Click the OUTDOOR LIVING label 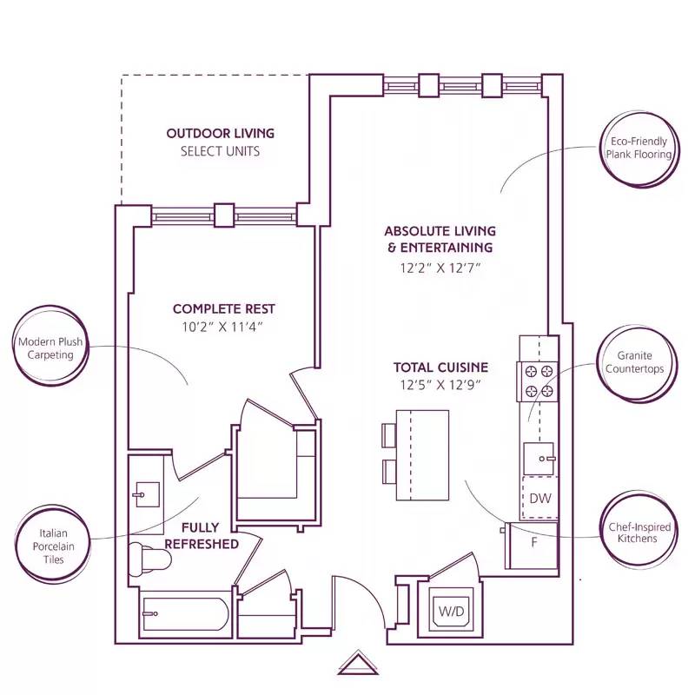point(220,134)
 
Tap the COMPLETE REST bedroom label point(224,309)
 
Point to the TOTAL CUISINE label point(440,367)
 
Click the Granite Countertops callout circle point(634,362)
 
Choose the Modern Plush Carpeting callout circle point(50,348)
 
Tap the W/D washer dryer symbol point(450,612)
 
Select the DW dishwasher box point(539,499)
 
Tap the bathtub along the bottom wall point(184,615)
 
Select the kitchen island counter point(423,454)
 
